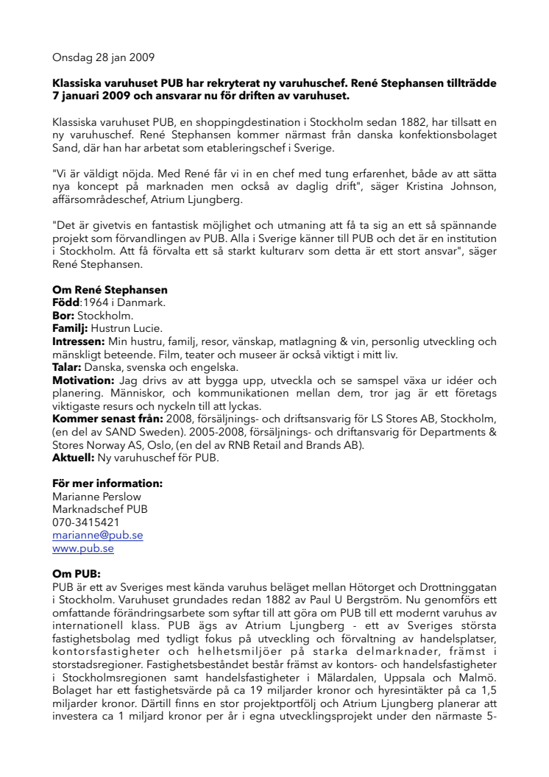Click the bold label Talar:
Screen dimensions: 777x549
point(67,366)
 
